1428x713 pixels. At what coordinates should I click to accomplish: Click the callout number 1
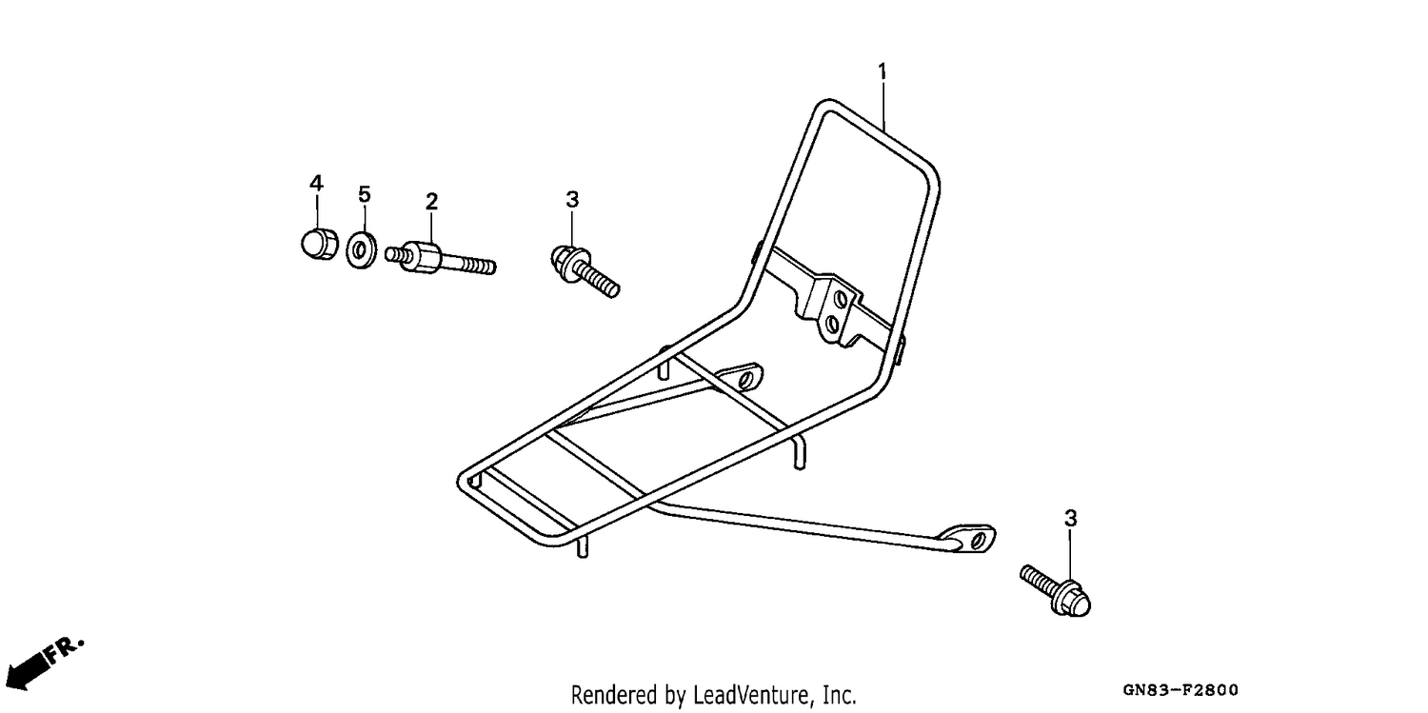tap(883, 71)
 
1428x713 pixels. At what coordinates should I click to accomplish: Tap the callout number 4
tap(316, 183)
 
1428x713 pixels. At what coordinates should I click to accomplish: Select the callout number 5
tap(364, 194)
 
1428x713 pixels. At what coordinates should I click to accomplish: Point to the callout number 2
tap(431, 202)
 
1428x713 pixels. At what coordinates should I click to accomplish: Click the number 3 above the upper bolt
tap(572, 200)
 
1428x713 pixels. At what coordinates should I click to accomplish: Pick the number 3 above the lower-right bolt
tap(1070, 519)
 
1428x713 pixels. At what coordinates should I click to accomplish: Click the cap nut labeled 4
tap(319, 243)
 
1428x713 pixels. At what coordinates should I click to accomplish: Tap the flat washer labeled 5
tap(362, 250)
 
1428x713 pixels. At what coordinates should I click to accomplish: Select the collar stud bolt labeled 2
tap(441, 258)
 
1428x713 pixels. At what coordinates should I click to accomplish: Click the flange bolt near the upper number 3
tap(584, 270)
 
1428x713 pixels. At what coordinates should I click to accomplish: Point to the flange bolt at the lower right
tap(1056, 590)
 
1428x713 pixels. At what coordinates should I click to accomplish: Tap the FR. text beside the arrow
tap(64, 650)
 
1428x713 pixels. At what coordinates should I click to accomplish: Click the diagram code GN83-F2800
tap(1180, 689)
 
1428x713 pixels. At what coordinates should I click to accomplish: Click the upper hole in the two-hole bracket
tap(841, 298)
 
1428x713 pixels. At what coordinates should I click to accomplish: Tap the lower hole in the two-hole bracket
tap(833, 325)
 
